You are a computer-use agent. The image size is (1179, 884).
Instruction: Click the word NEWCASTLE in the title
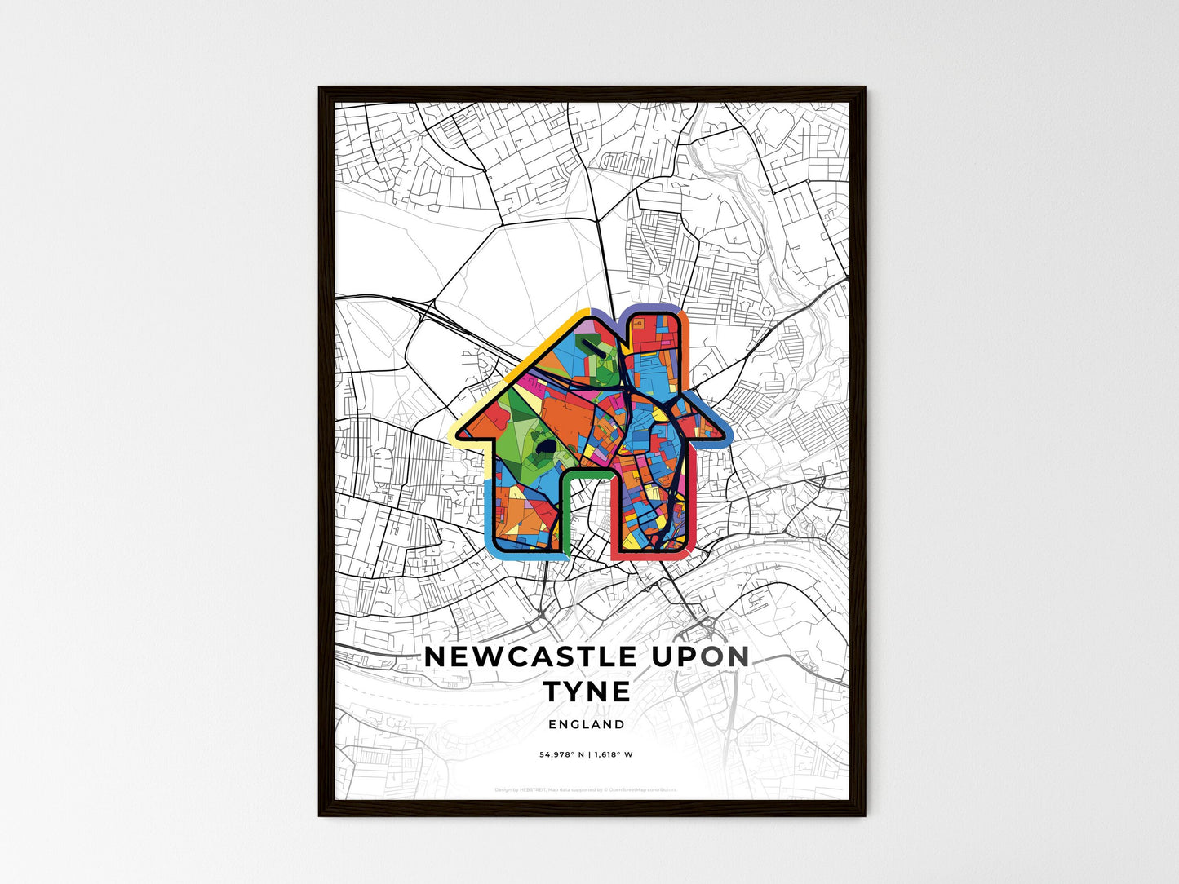[x=530, y=656]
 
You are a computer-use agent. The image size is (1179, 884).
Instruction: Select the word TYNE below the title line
[x=587, y=692]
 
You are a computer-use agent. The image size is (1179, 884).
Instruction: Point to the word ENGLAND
[x=587, y=724]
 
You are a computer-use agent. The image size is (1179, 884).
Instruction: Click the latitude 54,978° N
[x=562, y=755]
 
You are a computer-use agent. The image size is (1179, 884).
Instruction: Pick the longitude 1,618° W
[x=613, y=755]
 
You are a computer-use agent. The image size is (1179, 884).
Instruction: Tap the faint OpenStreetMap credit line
[x=586, y=789]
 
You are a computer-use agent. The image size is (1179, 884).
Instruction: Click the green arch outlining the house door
[x=588, y=473]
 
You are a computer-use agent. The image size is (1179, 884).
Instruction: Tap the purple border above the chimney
[x=653, y=307]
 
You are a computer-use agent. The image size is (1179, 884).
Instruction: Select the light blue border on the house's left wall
[x=488, y=514]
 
